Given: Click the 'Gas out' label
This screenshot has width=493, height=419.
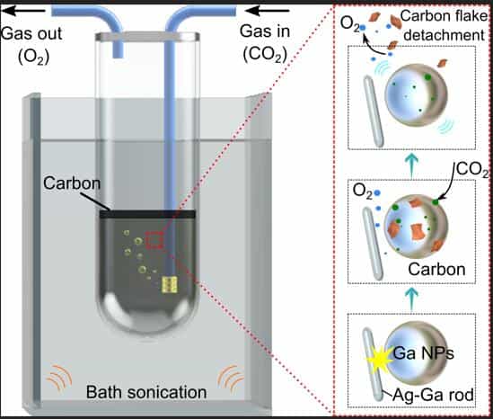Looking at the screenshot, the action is point(31,33).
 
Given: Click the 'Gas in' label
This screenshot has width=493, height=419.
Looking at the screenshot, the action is point(265,31).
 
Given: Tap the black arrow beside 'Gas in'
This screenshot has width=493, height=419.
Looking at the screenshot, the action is point(267,11).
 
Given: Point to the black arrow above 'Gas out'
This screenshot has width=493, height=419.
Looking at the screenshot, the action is point(23,11).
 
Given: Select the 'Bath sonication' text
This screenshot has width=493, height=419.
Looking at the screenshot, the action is point(146,392).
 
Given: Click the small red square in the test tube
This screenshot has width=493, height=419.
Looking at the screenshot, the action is point(154,240).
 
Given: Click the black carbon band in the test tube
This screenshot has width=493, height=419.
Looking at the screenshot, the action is point(147,214).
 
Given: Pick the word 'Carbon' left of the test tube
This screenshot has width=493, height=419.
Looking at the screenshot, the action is point(72,183).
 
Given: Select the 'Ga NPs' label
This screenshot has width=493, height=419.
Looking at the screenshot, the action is point(424,353).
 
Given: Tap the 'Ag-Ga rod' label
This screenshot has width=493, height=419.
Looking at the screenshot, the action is point(434,395).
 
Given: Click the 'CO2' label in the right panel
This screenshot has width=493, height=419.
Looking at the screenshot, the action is point(472,170).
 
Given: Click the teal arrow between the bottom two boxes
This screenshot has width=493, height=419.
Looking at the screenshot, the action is point(412,298).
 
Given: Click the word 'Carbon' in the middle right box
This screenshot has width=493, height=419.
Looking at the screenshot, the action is point(436,270).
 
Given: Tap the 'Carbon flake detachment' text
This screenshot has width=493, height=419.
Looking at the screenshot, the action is point(444,25).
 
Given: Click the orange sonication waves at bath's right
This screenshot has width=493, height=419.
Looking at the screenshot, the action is point(231,378).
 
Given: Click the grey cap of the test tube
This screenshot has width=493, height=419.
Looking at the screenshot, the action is point(147,37).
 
